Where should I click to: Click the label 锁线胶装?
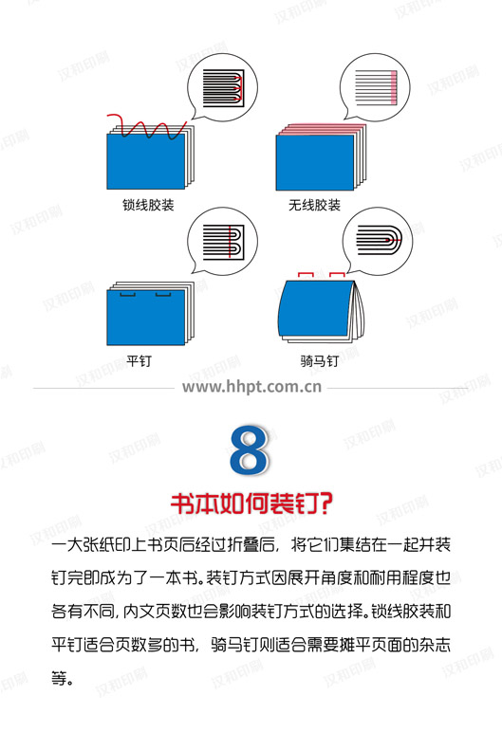[x=148, y=205]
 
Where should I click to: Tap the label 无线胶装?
[x=314, y=205]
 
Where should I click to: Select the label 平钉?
[x=139, y=360]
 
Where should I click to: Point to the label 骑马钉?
[x=319, y=360]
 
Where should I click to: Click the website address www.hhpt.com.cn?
[x=251, y=387]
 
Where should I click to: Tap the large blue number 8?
[x=250, y=449]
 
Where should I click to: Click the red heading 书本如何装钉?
[x=251, y=503]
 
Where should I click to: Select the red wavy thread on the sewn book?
[x=147, y=126]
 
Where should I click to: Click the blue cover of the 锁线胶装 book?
[x=146, y=161]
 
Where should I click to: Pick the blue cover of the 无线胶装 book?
[x=314, y=162]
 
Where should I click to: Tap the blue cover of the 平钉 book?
[x=146, y=318]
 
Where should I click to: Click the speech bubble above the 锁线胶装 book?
[x=221, y=88]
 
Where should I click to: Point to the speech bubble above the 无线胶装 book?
[x=374, y=87]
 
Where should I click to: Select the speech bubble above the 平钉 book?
[x=221, y=242]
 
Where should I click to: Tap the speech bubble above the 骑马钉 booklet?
[x=377, y=241]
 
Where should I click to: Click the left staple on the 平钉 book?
[x=127, y=294]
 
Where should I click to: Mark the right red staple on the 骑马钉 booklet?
[x=337, y=275]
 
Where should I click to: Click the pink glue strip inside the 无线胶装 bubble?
[x=393, y=87]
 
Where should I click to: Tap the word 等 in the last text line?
[x=59, y=678]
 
